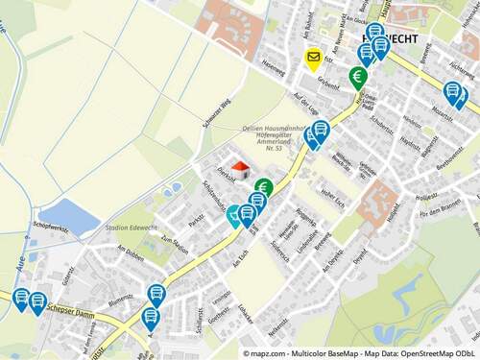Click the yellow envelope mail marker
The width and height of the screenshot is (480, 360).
click(x=313, y=58)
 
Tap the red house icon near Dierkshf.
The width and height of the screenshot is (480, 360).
click(x=240, y=170)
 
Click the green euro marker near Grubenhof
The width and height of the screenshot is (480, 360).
click(x=357, y=77)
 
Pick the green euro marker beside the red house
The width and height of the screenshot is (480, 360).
click(x=264, y=187)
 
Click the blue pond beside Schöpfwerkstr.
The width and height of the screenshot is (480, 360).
click(x=68, y=217)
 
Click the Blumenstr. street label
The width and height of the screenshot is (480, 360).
click(x=121, y=300)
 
